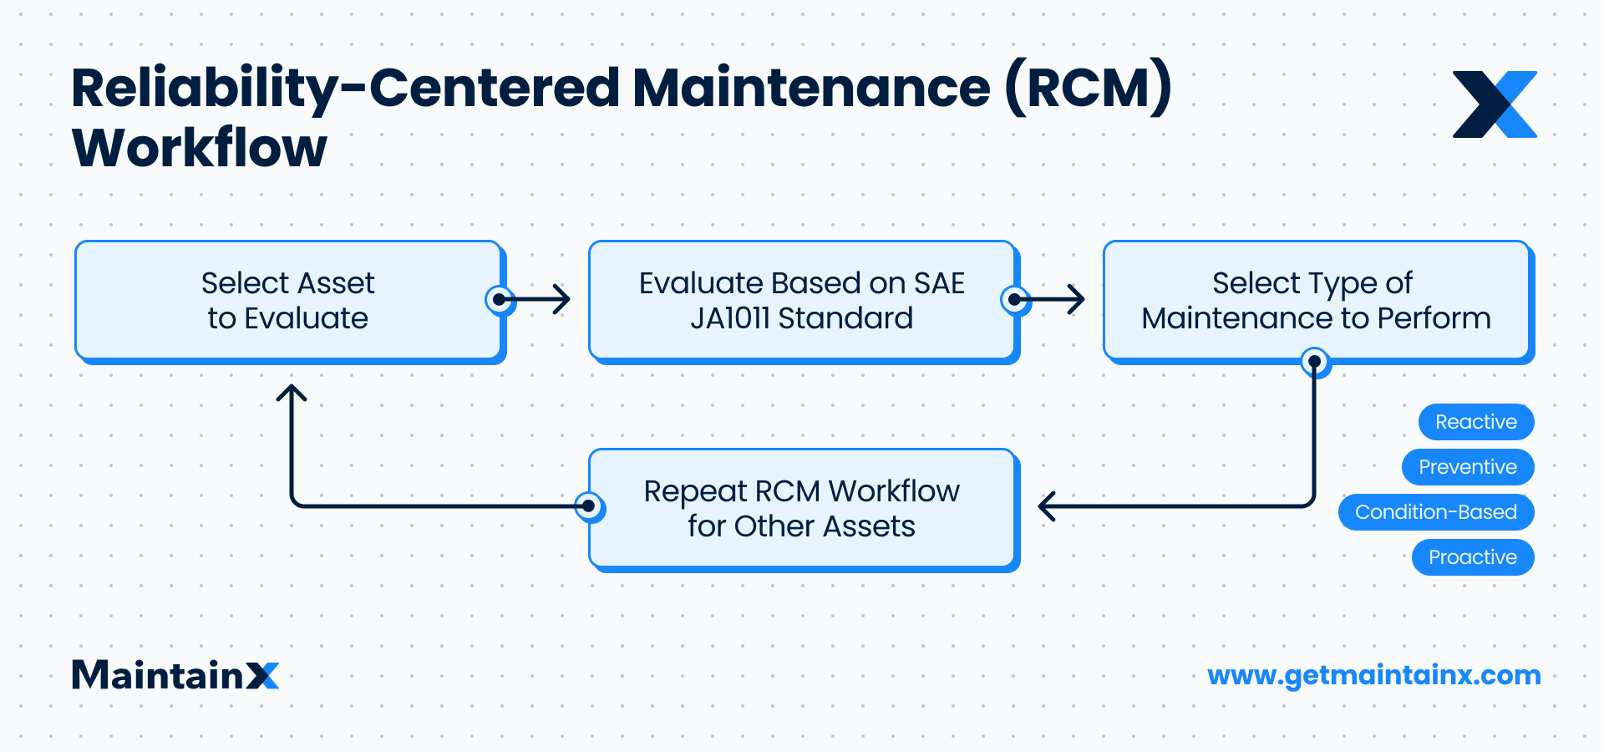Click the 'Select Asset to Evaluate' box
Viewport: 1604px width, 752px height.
pos(288,301)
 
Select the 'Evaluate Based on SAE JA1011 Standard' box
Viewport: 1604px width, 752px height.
pos(801,301)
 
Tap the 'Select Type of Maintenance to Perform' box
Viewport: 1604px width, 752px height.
pos(1316,301)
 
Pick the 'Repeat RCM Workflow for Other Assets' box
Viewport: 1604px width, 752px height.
pos(801,509)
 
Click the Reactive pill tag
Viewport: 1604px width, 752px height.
pos(1475,422)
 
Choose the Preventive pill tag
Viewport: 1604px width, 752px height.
pos(1467,467)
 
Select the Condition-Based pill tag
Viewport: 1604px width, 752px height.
pos(1435,512)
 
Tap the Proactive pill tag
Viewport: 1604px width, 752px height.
pos(1472,557)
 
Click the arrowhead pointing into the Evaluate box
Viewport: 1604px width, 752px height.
pos(563,299)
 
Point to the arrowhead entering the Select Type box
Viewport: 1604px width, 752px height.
pos(1078,299)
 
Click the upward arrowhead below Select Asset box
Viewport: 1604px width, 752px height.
pos(292,392)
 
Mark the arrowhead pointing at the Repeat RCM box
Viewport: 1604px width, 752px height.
pos(1046,506)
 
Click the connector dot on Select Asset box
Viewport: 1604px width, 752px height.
pos(500,299)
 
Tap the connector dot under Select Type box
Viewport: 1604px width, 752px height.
pos(1315,362)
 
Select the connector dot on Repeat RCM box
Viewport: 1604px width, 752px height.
pos(589,506)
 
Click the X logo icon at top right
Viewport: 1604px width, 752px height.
pos(1495,104)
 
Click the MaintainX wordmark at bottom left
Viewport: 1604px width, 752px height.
pos(175,675)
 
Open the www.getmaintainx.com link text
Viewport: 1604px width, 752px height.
pos(1373,675)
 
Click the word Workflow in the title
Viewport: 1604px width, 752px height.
pos(200,149)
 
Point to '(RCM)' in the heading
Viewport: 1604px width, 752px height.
pos(1088,88)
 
